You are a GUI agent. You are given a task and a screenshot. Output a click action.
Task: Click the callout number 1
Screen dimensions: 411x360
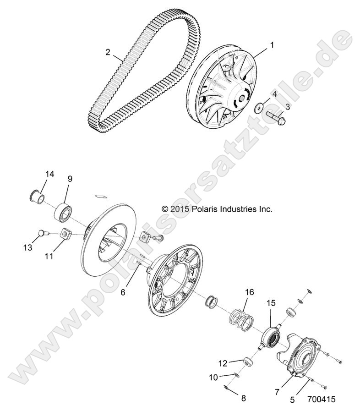pyautogui.click(x=272, y=45)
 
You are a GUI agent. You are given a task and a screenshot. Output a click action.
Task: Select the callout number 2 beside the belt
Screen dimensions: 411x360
pyautogui.click(x=108, y=52)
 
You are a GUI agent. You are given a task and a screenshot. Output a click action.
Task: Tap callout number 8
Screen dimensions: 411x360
pyautogui.click(x=244, y=398)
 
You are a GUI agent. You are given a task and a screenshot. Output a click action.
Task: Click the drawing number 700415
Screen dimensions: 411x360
pyautogui.click(x=322, y=399)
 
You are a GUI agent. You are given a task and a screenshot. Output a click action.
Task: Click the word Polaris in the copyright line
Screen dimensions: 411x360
pyautogui.click(x=205, y=209)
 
